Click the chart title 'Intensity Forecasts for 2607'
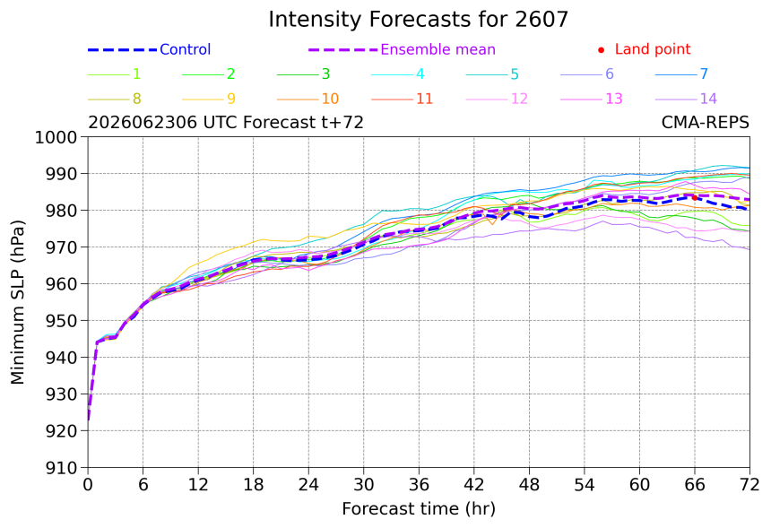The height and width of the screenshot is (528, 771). (419, 20)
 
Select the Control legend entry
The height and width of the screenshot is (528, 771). (149, 49)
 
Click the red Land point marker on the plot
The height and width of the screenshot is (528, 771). (695, 197)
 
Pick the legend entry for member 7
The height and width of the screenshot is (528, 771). (681, 74)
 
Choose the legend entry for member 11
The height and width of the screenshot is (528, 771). (403, 99)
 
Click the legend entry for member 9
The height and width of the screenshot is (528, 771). (209, 99)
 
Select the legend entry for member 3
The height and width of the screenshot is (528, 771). (303, 74)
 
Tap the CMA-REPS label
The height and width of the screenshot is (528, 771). (706, 122)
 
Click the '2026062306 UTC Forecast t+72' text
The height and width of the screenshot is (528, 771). (226, 122)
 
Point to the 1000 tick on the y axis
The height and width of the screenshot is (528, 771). (56, 137)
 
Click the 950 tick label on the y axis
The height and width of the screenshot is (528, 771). (62, 321)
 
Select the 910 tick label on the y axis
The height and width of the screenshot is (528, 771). (62, 468)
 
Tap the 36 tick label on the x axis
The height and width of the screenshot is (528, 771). (419, 485)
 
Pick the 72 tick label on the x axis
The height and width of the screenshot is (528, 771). (749, 485)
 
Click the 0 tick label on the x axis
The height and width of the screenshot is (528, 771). (88, 485)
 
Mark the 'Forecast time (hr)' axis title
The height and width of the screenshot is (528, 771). (419, 509)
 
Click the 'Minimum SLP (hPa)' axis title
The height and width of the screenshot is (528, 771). (18, 302)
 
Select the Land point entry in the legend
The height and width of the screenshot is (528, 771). (645, 49)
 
